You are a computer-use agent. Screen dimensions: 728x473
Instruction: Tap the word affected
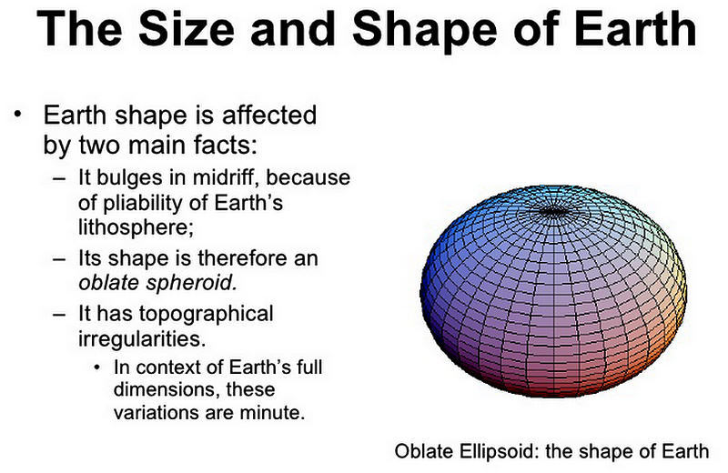[x=269, y=115]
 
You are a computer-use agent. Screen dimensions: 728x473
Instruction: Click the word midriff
[x=226, y=177]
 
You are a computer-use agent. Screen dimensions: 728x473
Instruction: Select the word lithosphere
[x=135, y=228]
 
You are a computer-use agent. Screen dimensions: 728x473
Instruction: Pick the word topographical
[x=206, y=315]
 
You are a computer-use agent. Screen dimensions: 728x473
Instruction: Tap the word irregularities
[x=142, y=339]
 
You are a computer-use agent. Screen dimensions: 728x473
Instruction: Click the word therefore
[x=239, y=258]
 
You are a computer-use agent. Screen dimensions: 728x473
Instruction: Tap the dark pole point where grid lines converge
[x=553, y=211]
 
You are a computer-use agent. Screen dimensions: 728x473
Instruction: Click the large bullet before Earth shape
[x=18, y=114]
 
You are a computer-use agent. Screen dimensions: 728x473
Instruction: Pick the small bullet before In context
[x=97, y=367]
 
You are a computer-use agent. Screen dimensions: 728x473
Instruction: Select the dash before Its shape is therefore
[x=59, y=259]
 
